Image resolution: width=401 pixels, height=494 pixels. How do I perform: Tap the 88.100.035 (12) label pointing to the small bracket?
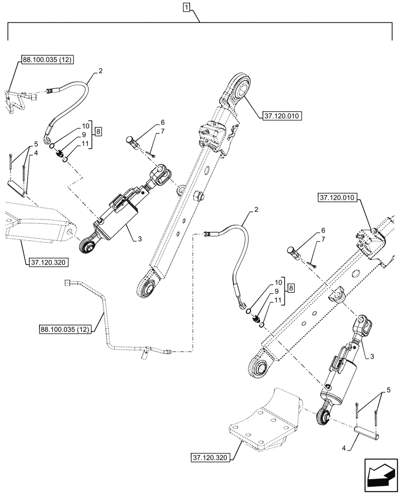(47, 60)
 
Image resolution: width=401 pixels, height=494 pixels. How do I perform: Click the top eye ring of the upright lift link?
(241, 89)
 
